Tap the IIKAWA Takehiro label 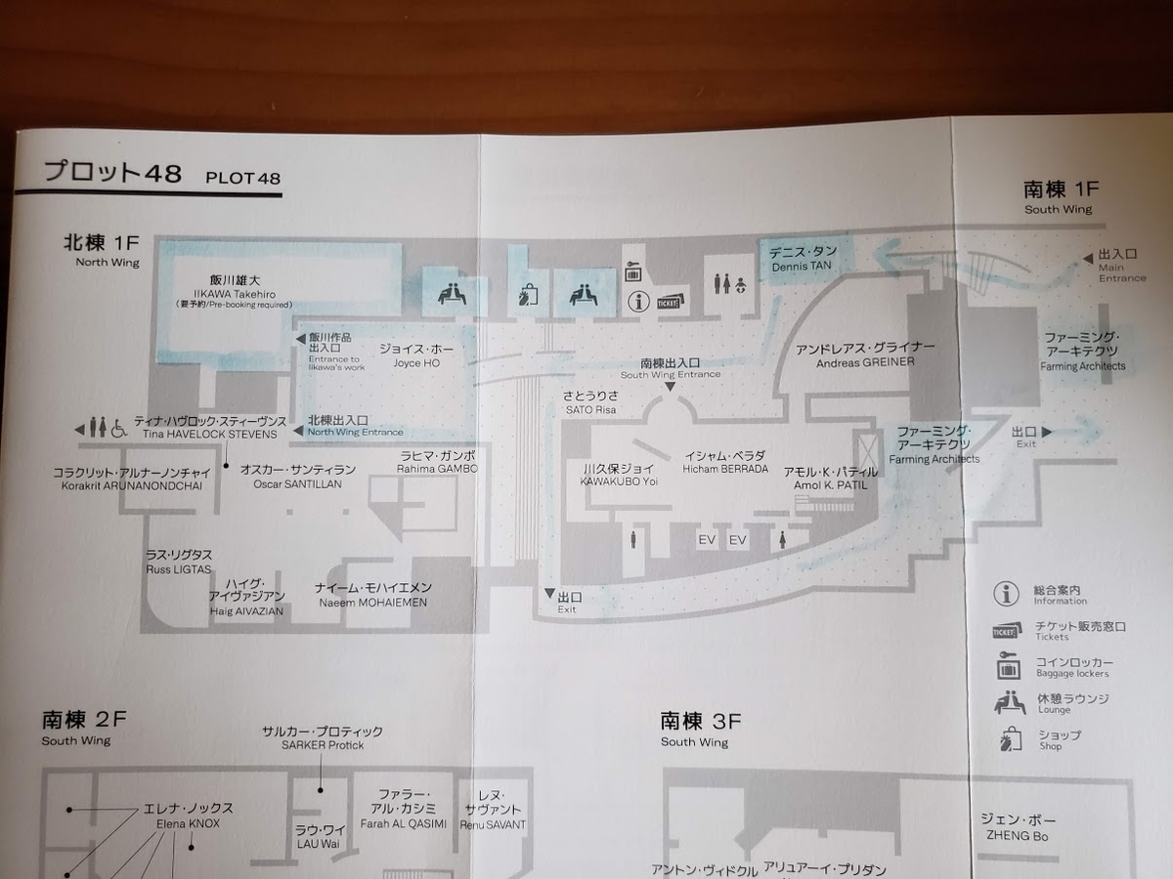point(234,293)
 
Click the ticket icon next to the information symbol point(671,302)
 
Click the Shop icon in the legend point(1008,740)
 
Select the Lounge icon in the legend point(1009,702)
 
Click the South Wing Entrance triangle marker point(670,388)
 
